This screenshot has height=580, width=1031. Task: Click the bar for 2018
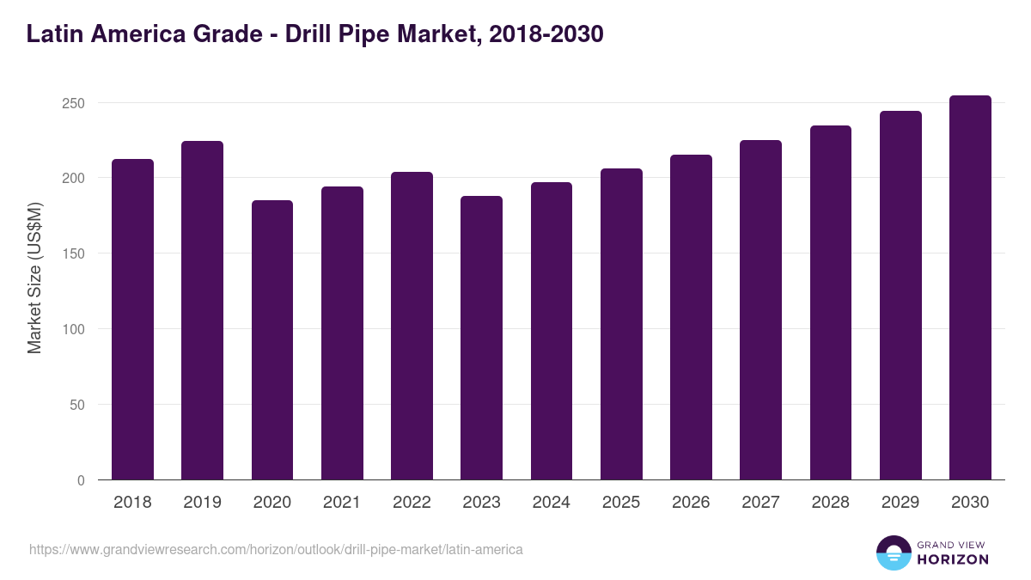[132, 320]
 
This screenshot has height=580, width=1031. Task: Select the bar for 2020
[272, 340]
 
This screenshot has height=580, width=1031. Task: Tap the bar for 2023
[481, 338]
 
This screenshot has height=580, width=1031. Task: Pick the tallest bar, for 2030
[970, 288]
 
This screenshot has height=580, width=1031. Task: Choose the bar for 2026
[691, 317]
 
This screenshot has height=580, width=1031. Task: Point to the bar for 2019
[202, 310]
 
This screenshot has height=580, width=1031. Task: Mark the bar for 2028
[831, 302]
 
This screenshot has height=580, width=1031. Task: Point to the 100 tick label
[74, 329]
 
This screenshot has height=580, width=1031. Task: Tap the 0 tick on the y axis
[81, 480]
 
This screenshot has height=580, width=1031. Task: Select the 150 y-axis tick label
[74, 253]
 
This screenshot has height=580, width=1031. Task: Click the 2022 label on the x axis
[412, 503]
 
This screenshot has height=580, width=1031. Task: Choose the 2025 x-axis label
[621, 503]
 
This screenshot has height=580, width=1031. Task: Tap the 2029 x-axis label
[900, 503]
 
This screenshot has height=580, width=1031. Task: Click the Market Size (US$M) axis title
[35, 278]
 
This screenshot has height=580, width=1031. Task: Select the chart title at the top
[314, 34]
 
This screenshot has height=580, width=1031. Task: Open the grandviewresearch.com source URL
[276, 549]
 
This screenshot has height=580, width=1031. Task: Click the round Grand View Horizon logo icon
[894, 553]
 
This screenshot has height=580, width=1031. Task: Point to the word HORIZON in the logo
[953, 559]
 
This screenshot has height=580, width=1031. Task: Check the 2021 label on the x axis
[342, 503]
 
